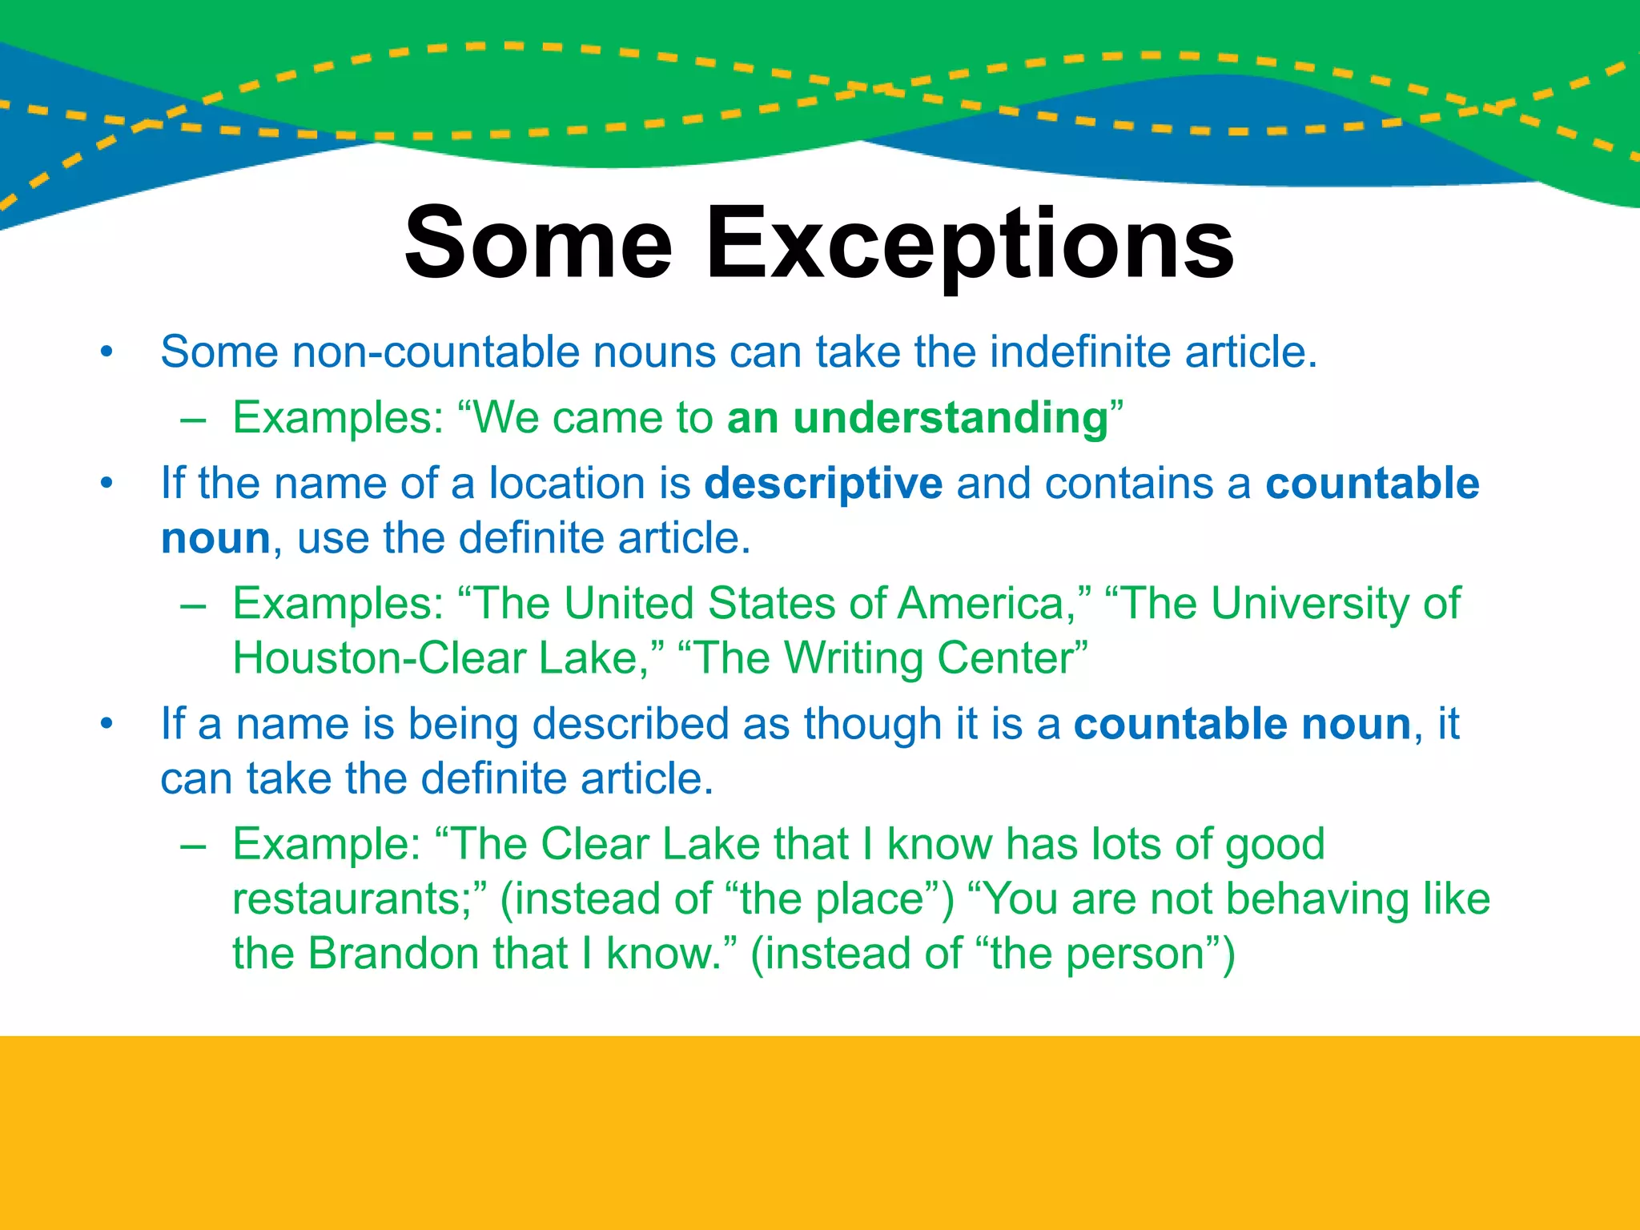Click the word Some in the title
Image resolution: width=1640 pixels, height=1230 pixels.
click(x=538, y=244)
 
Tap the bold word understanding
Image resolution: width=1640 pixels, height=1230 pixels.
click(x=950, y=418)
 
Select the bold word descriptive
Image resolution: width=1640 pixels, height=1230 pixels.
click(x=823, y=484)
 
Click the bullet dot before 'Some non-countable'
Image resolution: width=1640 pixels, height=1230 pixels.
click(x=107, y=353)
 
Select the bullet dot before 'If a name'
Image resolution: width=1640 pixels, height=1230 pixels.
click(x=107, y=725)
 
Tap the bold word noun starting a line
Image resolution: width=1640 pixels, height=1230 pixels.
click(x=215, y=538)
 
